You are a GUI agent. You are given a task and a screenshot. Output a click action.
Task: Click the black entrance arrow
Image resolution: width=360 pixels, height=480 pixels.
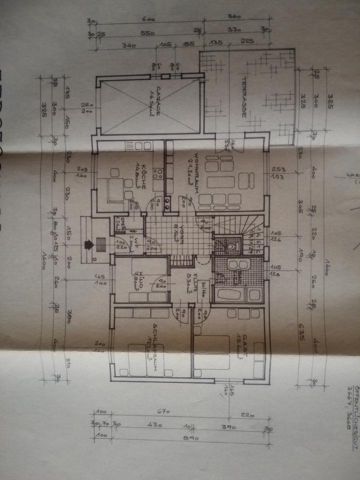point(89,244)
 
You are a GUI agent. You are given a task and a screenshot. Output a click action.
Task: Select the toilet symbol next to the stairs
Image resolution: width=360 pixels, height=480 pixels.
point(230,245)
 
